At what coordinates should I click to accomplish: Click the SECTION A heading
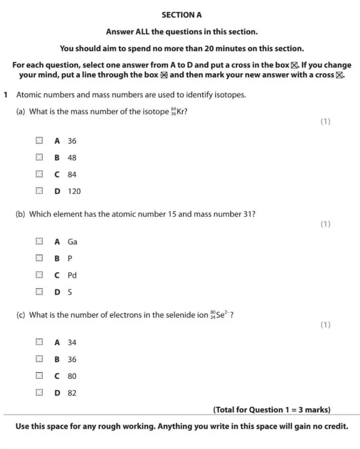click(180, 15)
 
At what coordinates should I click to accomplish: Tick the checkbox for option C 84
click(39, 175)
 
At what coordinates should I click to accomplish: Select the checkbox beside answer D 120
click(39, 191)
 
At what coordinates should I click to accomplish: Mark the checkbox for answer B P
click(39, 259)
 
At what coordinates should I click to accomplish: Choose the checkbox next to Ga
click(39, 242)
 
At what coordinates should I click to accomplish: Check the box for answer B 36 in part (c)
click(39, 360)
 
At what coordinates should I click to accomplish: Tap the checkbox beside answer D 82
click(39, 393)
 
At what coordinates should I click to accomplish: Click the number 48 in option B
click(72, 158)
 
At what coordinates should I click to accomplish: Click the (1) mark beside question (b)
click(325, 224)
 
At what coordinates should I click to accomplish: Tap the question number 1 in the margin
click(5, 95)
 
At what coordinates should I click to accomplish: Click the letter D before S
click(58, 292)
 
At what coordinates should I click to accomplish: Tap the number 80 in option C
click(72, 376)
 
